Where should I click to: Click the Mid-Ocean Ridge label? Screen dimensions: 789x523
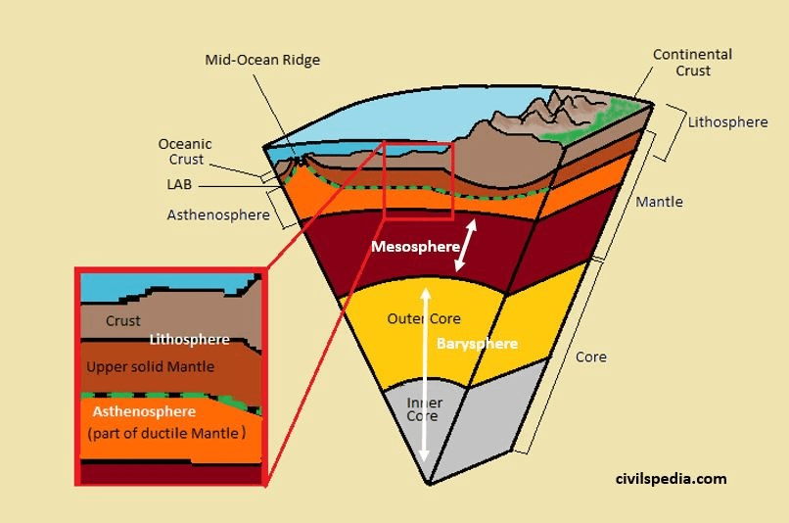coord(262,60)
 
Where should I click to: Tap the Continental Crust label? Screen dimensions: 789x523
coord(692,63)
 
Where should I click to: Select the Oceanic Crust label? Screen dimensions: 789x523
coord(185,152)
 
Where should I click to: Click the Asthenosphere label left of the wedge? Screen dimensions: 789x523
coord(219,214)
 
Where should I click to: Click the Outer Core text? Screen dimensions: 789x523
coord(423,319)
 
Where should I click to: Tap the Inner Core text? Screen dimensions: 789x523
coord(424,409)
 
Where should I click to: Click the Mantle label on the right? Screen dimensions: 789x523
coord(660,202)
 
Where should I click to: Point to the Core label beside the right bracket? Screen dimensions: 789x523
coord(590,357)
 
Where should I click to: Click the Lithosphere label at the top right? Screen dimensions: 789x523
coord(727,122)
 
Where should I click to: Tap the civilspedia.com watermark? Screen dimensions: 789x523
coord(672,479)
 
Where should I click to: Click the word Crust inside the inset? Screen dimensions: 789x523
coord(123,320)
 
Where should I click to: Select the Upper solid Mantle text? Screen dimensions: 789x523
coord(150,366)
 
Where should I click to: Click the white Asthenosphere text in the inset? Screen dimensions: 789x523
coord(144,411)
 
